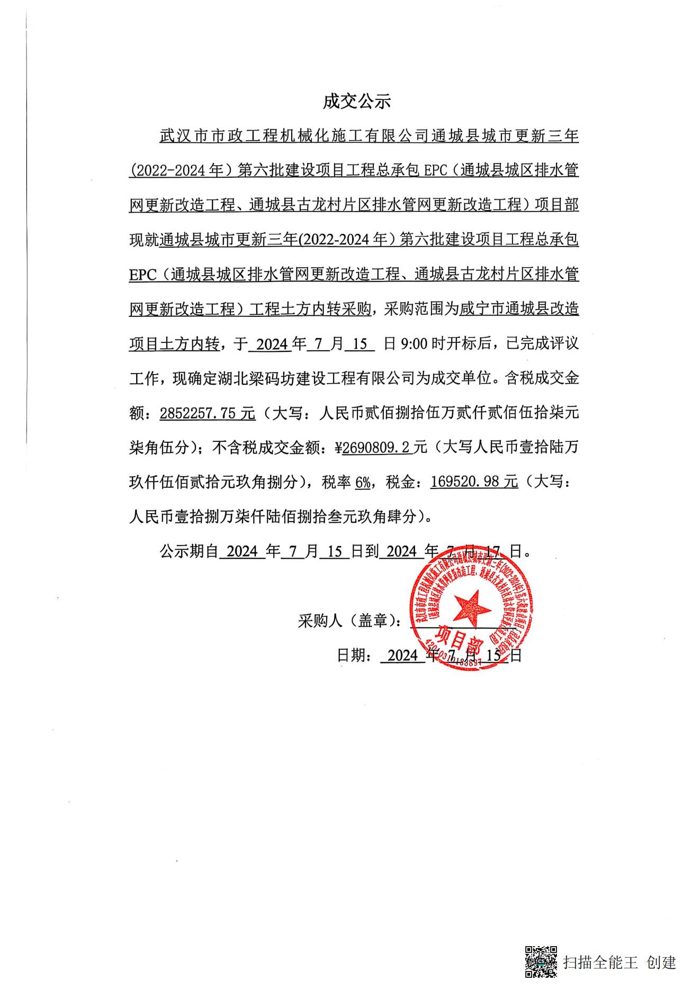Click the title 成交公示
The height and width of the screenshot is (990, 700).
[357, 101]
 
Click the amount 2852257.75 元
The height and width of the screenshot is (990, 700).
[208, 413]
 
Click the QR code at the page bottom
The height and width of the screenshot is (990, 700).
[541, 961]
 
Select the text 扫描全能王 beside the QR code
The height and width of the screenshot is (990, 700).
[600, 962]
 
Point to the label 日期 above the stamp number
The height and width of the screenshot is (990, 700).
[353, 655]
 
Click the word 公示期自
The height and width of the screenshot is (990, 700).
[189, 551]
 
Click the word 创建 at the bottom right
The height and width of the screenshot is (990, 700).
[661, 962]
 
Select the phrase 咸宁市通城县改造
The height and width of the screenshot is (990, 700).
[519, 310]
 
